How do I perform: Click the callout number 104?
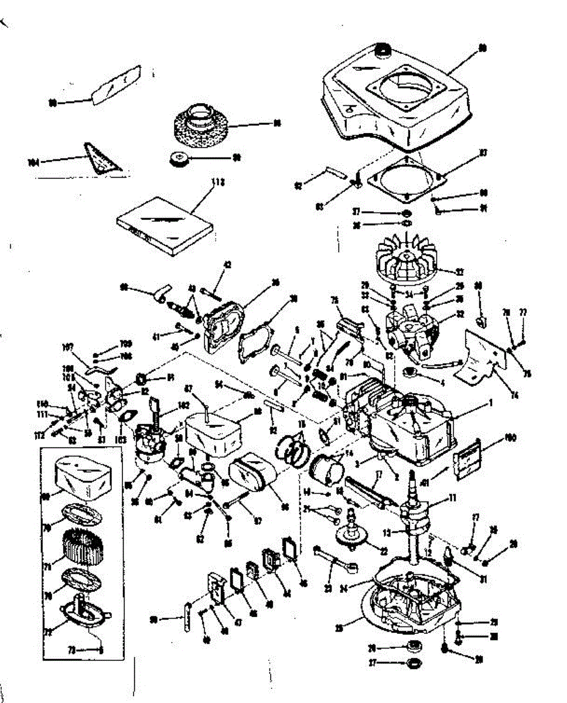tap(33, 163)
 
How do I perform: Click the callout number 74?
tap(514, 395)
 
